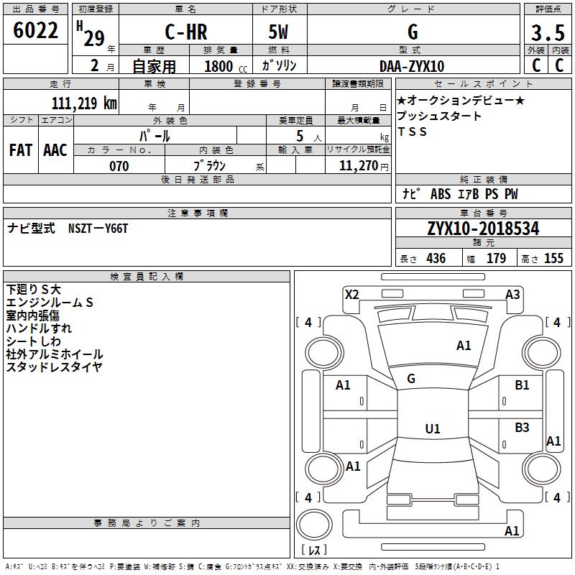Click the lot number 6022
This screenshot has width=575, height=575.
click(x=35, y=30)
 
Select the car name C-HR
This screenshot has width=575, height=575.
click(x=186, y=32)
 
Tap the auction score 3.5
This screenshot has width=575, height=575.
click(x=548, y=32)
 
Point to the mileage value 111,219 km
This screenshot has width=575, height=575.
click(x=84, y=103)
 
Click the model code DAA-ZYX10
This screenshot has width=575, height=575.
click(x=412, y=66)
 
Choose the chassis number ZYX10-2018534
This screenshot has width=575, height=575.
click(x=483, y=229)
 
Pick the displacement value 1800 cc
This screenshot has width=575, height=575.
click(x=226, y=66)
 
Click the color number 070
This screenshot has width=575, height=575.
click(x=119, y=166)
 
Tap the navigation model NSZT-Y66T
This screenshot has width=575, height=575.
click(x=98, y=229)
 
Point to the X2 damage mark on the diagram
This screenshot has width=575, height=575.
click(x=352, y=295)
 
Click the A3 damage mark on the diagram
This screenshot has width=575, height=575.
click(x=512, y=295)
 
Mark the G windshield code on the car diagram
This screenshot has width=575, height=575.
click(x=411, y=379)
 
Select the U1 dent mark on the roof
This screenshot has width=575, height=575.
click(x=433, y=428)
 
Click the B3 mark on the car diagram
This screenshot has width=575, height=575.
click(x=523, y=427)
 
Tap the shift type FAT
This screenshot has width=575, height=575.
click(x=21, y=150)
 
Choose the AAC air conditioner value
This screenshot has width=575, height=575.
click(x=55, y=150)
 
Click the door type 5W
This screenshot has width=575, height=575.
click(x=278, y=32)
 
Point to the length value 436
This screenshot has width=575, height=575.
click(x=436, y=258)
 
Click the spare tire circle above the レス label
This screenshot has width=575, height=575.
click(x=314, y=525)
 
